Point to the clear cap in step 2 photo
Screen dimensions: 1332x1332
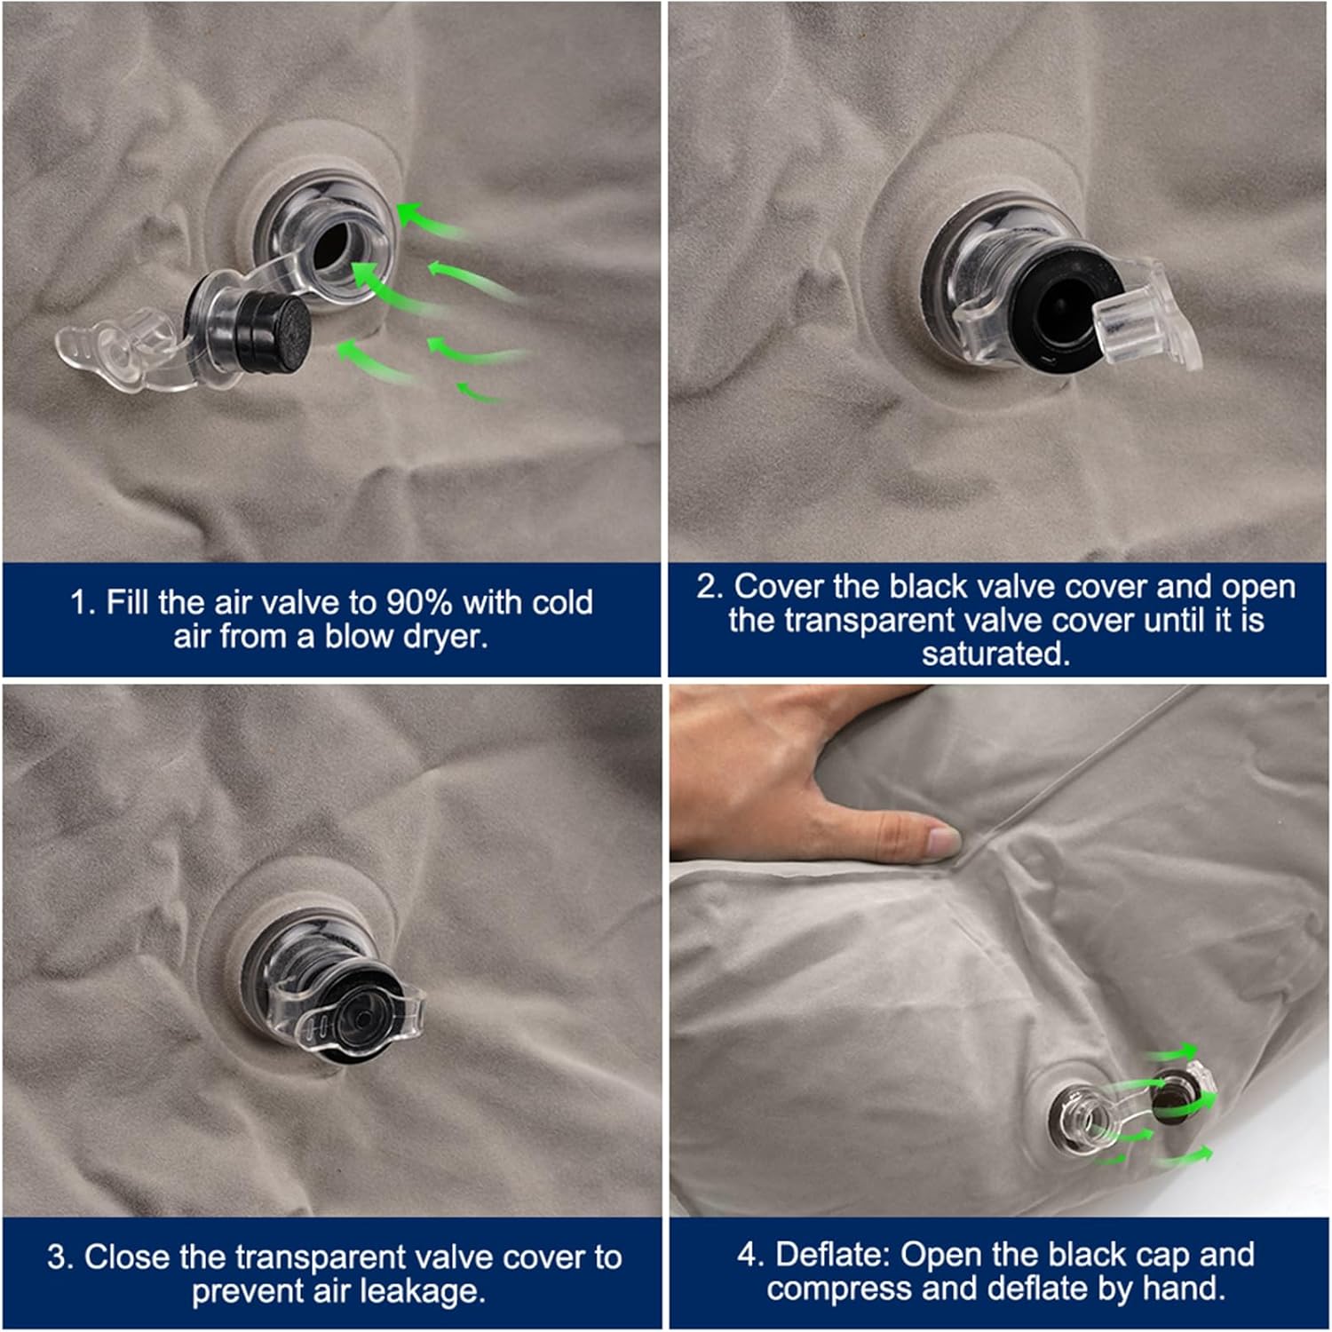pos(1146,316)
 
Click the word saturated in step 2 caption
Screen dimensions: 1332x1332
pos(995,654)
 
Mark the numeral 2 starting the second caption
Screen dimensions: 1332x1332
pos(707,587)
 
